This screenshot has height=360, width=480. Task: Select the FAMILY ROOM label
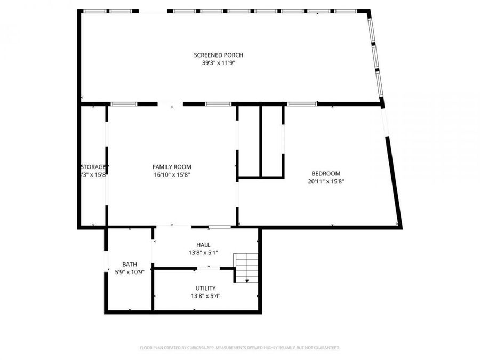[x=172, y=167]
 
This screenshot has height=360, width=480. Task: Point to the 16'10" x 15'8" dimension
[x=172, y=174]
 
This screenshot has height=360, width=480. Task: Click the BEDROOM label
[x=325, y=173]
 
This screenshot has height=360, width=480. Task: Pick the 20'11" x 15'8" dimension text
[x=325, y=181]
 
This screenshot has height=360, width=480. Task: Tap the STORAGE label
[x=94, y=167]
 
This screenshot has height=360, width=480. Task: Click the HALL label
[x=203, y=245]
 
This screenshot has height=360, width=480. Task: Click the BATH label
[x=130, y=264]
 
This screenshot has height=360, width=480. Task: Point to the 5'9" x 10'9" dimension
[x=130, y=271]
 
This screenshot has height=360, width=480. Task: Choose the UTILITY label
[x=205, y=288]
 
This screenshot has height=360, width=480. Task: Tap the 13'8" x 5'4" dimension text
[x=205, y=295]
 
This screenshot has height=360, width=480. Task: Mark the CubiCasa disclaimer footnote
[x=239, y=348]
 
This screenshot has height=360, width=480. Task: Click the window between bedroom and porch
[x=302, y=104]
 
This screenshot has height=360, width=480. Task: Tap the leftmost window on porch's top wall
[x=95, y=11]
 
